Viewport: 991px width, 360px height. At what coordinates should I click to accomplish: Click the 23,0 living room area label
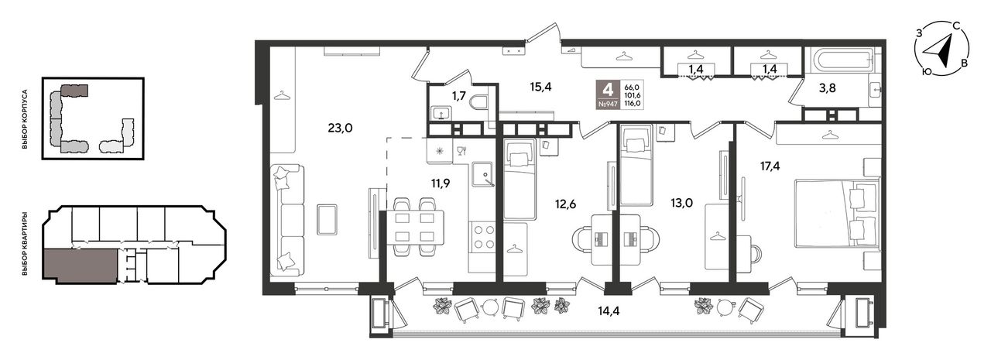click(x=340, y=129)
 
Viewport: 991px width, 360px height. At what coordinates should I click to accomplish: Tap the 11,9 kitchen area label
click(x=441, y=183)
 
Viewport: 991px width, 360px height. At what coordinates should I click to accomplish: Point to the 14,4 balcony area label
click(x=609, y=311)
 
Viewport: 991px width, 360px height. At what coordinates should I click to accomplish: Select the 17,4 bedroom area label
click(x=770, y=166)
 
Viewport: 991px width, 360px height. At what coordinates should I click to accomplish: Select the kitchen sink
click(x=482, y=175)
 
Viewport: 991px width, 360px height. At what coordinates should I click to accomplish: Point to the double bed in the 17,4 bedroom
click(x=838, y=213)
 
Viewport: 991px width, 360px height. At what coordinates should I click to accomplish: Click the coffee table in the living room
click(x=327, y=219)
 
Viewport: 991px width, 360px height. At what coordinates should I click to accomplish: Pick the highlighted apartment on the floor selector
click(x=81, y=265)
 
